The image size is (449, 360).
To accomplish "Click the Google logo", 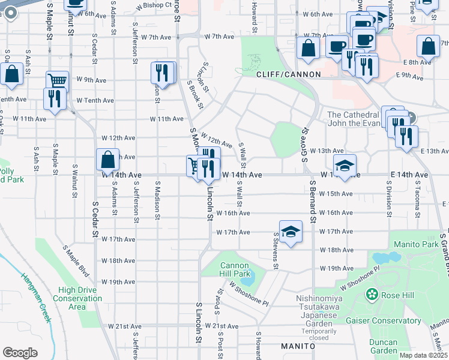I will coord(20,353).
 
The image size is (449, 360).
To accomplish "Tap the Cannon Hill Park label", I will coord(234,269).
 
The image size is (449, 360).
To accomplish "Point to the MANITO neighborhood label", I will coord(298,346).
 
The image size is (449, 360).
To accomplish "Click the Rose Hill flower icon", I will coord(372,294).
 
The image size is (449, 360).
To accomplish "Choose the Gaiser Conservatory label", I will coord(383,320).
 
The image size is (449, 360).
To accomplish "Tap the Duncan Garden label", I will coord(384,346).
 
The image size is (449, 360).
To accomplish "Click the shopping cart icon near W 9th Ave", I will coord(57,80).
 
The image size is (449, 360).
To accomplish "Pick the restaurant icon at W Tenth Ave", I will coord(55,98).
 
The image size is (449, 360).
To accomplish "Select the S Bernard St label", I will coord(313,201).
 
